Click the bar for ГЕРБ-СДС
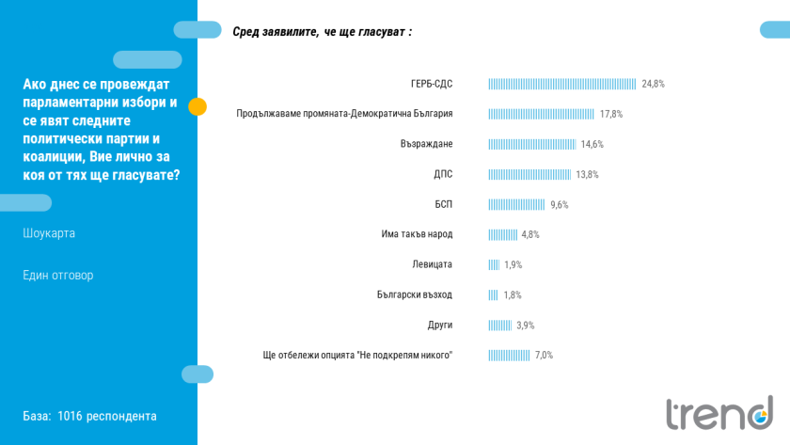(561, 84)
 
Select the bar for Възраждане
(531, 144)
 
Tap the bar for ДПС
(529, 174)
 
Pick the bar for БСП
(516, 204)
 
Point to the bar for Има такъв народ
(502, 234)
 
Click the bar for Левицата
(494, 264)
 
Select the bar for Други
(499, 325)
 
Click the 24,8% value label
(653, 84)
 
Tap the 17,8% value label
(611, 114)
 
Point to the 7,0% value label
(544, 355)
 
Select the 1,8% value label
(512, 294)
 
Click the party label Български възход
(414, 294)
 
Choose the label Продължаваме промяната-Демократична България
(344, 114)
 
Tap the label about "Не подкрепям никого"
(357, 355)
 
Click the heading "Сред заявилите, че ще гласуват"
(322, 32)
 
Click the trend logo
(719, 412)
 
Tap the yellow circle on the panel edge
(197, 106)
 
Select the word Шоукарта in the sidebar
(49, 233)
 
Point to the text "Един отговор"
(58, 276)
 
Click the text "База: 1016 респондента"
(89, 416)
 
